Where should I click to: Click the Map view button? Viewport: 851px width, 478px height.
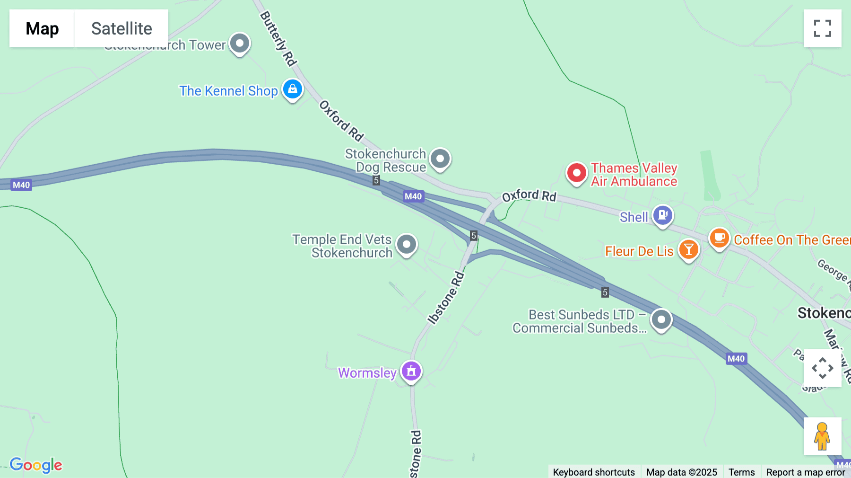pyautogui.click(x=42, y=28)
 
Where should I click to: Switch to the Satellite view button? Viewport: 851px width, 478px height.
pyautogui.click(x=122, y=28)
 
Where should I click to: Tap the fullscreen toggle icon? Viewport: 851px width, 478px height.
pyautogui.click(x=822, y=28)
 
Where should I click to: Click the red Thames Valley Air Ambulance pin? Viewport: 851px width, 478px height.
pyautogui.click(x=576, y=173)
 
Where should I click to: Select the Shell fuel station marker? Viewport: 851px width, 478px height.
pyautogui.click(x=663, y=215)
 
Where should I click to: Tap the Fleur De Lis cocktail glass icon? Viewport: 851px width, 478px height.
pyautogui.click(x=689, y=249)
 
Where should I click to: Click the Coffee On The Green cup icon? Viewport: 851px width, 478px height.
pyautogui.click(x=719, y=238)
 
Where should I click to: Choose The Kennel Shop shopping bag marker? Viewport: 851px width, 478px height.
pyautogui.click(x=293, y=89)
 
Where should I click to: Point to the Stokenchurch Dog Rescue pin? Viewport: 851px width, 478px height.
pyautogui.click(x=440, y=159)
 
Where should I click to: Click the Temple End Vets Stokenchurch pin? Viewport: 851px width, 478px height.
pyautogui.click(x=407, y=245)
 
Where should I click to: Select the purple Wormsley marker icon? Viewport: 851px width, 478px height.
pyautogui.click(x=411, y=371)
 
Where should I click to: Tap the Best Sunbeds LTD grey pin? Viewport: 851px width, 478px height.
pyautogui.click(x=661, y=320)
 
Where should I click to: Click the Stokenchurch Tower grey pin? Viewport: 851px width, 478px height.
pyautogui.click(x=240, y=44)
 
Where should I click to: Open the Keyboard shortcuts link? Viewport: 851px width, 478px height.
pyautogui.click(x=594, y=472)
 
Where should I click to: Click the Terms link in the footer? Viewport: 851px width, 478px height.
pyautogui.click(x=741, y=472)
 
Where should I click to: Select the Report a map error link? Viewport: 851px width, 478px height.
pyautogui.click(x=806, y=472)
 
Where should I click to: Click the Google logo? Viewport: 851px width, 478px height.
pyautogui.click(x=36, y=465)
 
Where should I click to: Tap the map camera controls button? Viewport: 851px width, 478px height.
pyautogui.click(x=822, y=368)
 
